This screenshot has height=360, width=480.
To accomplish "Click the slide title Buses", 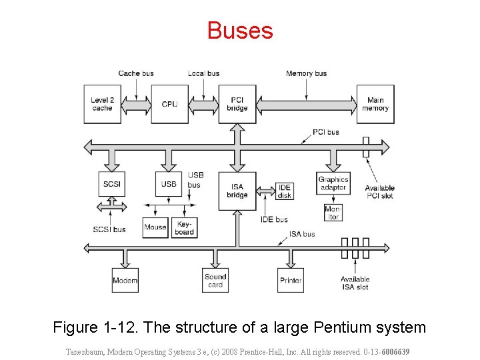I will click(240, 31).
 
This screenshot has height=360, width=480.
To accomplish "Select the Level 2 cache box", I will click(102, 104).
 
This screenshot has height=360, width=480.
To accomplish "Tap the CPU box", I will click(169, 104).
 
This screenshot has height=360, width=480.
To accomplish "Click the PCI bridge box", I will click(237, 104).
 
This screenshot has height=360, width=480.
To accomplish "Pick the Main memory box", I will click(375, 104).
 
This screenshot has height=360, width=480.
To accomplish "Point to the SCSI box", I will click(111, 183).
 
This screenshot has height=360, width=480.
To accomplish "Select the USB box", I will click(169, 183).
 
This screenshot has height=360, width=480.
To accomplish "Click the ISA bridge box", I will click(237, 191).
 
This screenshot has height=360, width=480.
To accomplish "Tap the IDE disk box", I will click(285, 191).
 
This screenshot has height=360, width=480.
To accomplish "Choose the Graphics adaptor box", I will click(333, 183).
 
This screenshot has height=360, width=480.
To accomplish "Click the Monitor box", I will click(332, 213).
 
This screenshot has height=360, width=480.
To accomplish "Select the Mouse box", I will click(155, 227).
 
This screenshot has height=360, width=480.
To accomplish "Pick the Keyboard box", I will click(185, 227).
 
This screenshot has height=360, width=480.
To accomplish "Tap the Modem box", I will click(125, 280).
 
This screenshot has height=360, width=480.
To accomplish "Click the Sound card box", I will click(215, 280).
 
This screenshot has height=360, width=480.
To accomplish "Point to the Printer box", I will click(291, 280).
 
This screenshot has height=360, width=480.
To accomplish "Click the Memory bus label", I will click(306, 73).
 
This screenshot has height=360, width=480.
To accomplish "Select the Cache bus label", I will click(135, 73).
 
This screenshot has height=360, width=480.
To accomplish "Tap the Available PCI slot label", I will click(379, 191).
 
